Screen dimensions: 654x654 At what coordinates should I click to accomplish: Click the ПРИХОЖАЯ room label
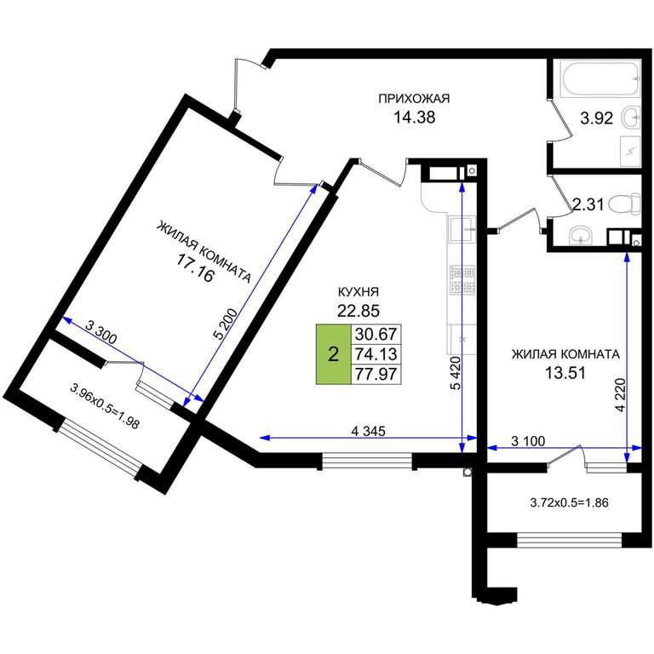point(414,99)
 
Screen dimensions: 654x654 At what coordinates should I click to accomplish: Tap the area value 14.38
point(415,118)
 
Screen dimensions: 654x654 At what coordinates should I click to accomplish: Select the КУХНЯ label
point(358,292)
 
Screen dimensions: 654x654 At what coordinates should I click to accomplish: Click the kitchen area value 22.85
point(359,311)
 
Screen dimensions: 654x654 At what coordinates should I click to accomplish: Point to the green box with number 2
point(333,354)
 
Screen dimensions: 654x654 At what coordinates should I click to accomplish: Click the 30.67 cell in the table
point(376,334)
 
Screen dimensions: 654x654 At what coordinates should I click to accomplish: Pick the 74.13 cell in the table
point(376,354)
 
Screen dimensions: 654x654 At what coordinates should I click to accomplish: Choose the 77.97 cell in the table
point(376,374)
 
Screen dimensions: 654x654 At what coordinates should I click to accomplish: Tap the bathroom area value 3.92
point(597,118)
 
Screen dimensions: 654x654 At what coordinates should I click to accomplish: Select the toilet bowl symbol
point(625,204)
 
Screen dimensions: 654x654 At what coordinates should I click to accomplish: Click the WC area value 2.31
point(588,204)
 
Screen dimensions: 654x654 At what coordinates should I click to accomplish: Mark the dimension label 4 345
point(368,431)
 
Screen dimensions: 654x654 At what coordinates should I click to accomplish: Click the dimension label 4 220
point(622,394)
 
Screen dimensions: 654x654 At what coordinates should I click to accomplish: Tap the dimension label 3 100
point(528,441)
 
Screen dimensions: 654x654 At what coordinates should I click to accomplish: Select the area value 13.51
point(565,372)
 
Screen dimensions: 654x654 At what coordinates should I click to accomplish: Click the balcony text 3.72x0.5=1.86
point(569,502)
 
